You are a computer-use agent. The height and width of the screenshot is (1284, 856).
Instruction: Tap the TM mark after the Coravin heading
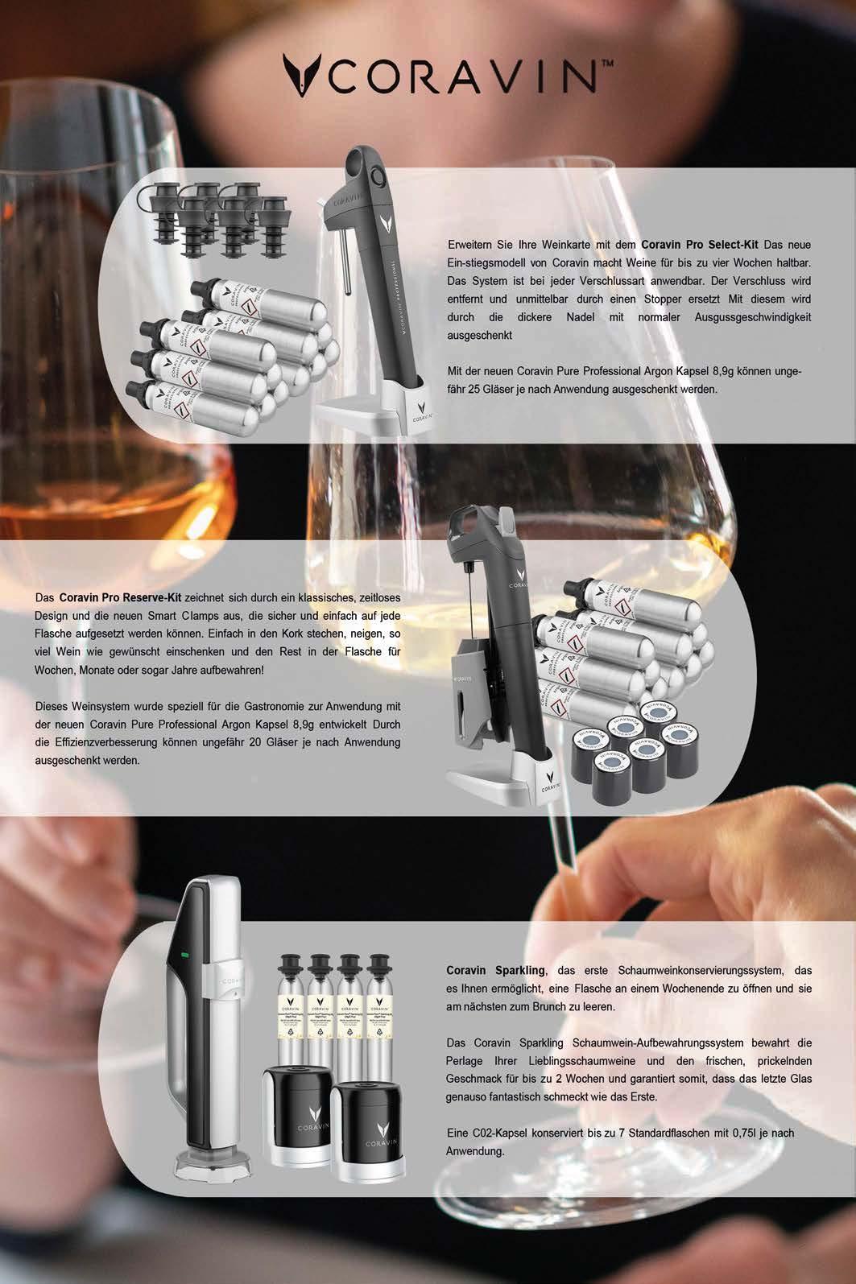[x=607, y=64]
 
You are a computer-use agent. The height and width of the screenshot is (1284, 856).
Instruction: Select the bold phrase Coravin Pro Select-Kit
[x=700, y=245]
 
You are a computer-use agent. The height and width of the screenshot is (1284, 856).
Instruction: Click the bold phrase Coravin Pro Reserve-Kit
[x=121, y=597]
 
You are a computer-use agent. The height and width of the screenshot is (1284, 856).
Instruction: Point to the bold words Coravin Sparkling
[x=496, y=971]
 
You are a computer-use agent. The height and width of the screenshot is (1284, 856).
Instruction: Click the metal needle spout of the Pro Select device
[x=345, y=260]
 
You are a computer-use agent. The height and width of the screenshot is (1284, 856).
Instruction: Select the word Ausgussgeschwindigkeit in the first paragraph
[x=753, y=317]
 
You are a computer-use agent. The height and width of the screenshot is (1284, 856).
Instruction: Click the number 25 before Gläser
[x=473, y=389]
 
